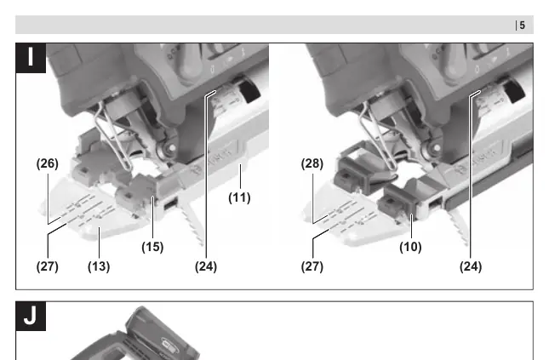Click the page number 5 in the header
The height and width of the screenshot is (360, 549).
click(x=522, y=26)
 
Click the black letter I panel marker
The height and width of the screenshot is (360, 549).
click(x=31, y=58)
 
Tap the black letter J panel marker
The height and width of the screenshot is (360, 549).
click(x=31, y=316)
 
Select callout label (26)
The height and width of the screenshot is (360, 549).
click(x=48, y=163)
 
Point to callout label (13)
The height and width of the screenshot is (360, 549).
click(x=99, y=266)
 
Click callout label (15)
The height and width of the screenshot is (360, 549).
click(x=152, y=247)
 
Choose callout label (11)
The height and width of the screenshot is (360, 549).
click(x=239, y=197)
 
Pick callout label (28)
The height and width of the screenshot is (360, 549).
click(x=312, y=163)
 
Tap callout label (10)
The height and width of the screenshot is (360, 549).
click(x=410, y=247)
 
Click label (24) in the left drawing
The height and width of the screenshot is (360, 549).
click(x=206, y=266)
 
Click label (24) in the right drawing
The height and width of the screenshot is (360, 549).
click(x=471, y=266)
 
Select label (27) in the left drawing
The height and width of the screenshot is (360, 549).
click(x=48, y=266)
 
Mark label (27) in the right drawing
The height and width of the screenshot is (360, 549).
click(x=312, y=266)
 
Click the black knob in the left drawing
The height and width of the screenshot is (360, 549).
click(x=249, y=89)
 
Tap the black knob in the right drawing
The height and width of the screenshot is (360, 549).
click(x=514, y=89)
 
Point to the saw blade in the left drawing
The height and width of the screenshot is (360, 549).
click(x=192, y=220)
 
